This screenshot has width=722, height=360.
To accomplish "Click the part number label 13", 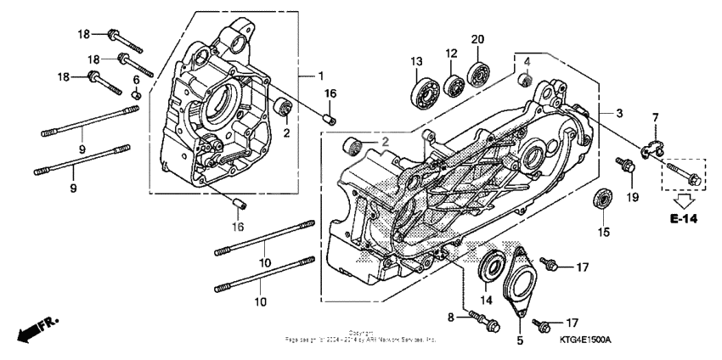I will [x=416, y=61].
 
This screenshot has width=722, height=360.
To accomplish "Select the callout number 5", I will [x=520, y=340].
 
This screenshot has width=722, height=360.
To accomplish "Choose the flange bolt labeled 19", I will [x=628, y=167].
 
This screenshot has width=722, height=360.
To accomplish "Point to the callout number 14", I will [x=487, y=299].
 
